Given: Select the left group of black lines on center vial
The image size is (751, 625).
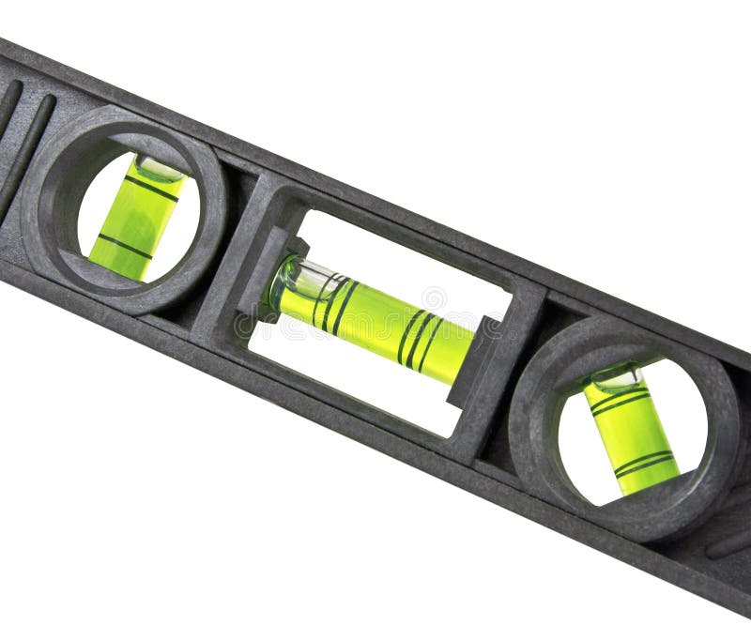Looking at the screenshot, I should tap(333, 302).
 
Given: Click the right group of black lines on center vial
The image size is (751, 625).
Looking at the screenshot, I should tap(419, 340).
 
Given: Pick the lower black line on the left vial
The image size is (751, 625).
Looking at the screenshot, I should tap(124, 247).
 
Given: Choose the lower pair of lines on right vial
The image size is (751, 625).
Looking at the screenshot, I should tap(644, 462).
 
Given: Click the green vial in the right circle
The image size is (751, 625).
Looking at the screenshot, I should tap(632, 432).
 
